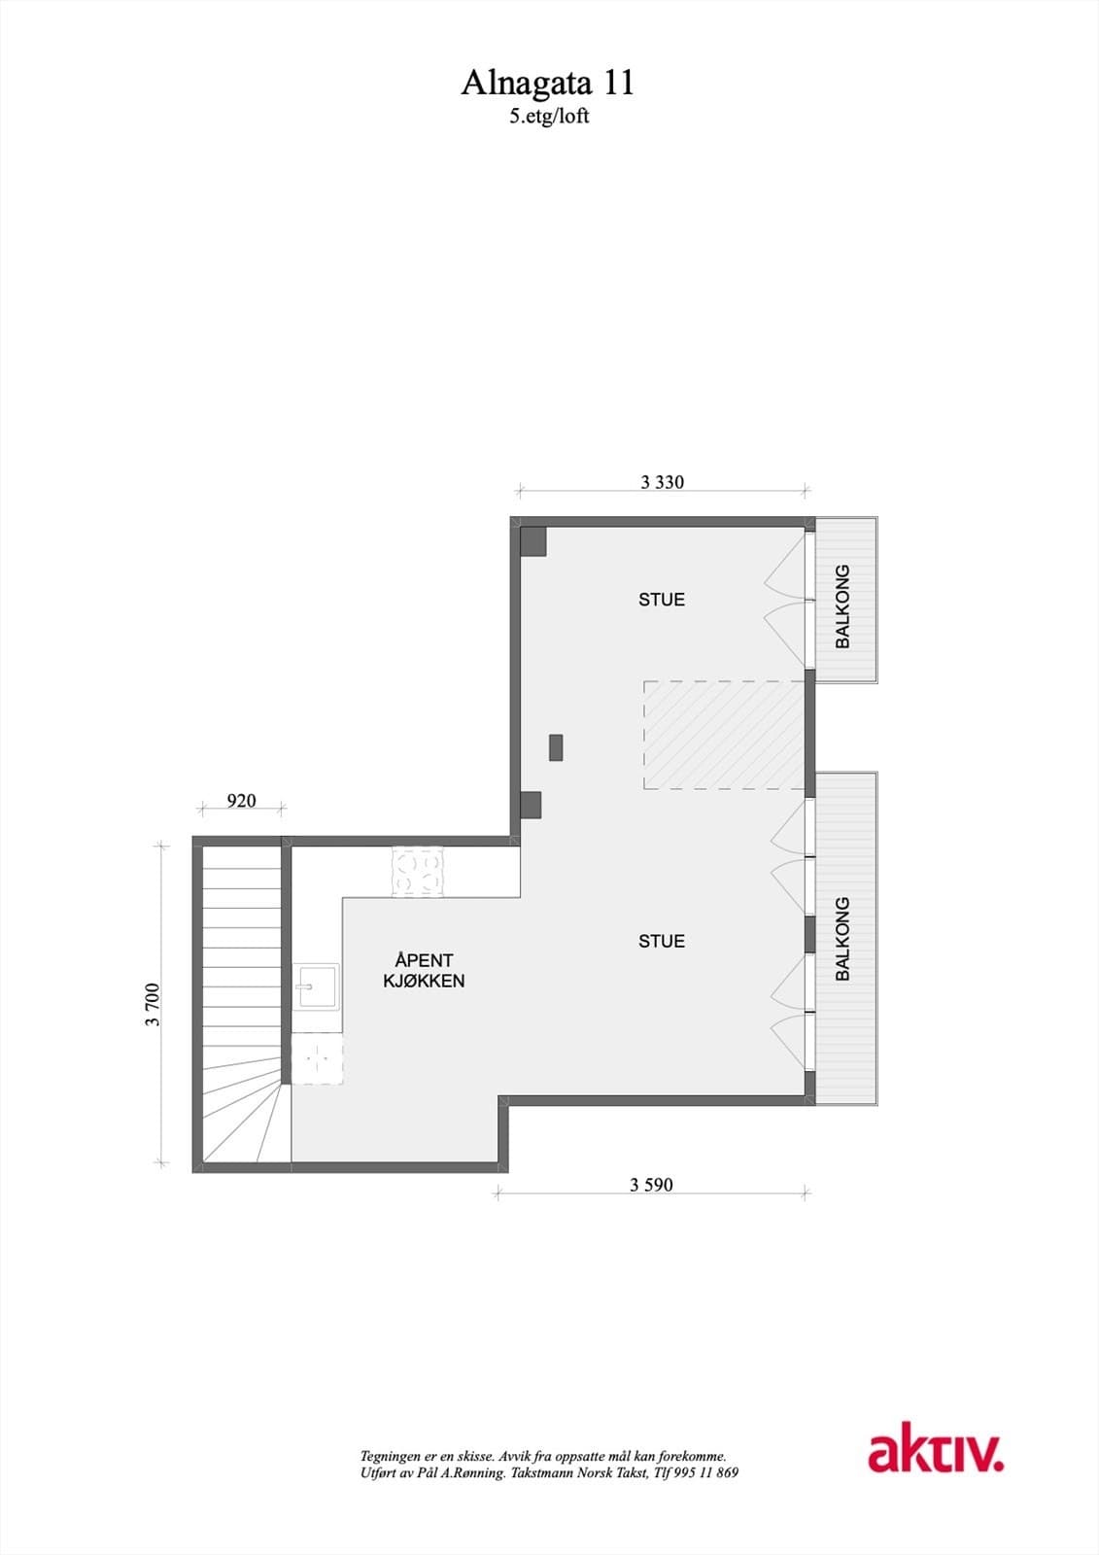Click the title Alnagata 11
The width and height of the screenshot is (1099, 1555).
[547, 84]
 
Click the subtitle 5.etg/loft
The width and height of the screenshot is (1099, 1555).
[549, 116]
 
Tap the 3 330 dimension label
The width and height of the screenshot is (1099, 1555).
[662, 482]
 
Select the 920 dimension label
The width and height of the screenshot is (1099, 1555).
[241, 801]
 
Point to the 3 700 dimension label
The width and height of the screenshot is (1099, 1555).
[153, 1005]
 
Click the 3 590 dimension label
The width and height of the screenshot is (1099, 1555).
[651, 1185]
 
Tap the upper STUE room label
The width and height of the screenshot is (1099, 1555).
[662, 600]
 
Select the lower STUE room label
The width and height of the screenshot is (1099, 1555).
[662, 941]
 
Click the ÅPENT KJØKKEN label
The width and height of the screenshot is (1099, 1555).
[424, 971]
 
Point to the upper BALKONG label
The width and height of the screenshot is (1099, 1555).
[842, 606]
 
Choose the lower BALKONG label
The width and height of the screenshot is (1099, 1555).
[842, 938]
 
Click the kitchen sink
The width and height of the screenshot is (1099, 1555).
[317, 987]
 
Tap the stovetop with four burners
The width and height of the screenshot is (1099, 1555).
[417, 872]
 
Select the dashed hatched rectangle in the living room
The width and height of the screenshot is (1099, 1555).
[724, 736]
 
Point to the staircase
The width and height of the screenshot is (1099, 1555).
[241, 1001]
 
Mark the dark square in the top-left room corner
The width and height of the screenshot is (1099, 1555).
[532, 541]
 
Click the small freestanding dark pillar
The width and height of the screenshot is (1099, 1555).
[556, 747]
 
